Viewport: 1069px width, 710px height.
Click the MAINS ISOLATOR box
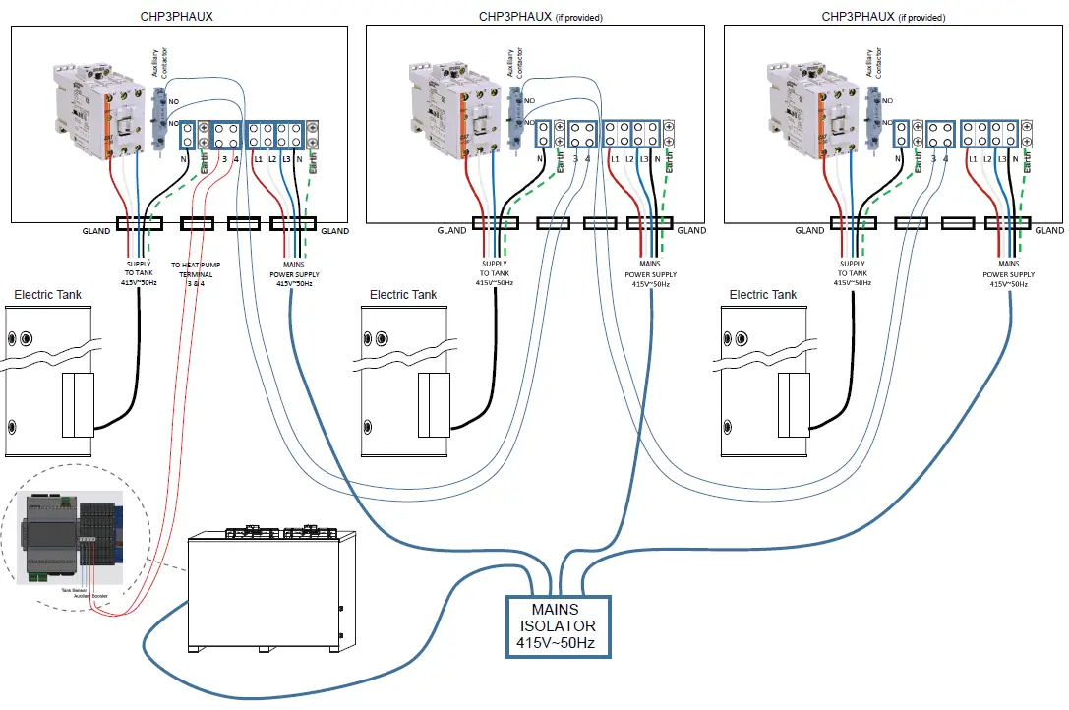coord(558,626)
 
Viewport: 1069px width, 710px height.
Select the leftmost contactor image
coord(98,108)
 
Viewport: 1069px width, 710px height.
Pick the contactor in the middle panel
coord(453,108)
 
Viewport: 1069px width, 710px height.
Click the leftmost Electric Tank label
coord(47,295)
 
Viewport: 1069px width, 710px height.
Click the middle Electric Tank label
coord(403,295)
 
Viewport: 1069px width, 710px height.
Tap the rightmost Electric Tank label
coord(762,295)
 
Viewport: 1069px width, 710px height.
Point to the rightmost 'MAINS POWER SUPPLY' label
coord(1008,273)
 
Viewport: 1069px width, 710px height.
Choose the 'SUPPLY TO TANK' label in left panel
coord(136,273)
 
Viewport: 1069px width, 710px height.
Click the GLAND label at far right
coord(1049,230)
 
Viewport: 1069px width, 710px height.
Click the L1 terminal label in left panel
coord(258,158)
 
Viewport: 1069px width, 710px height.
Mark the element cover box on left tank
coord(78,404)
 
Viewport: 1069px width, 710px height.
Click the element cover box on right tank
coord(793,404)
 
